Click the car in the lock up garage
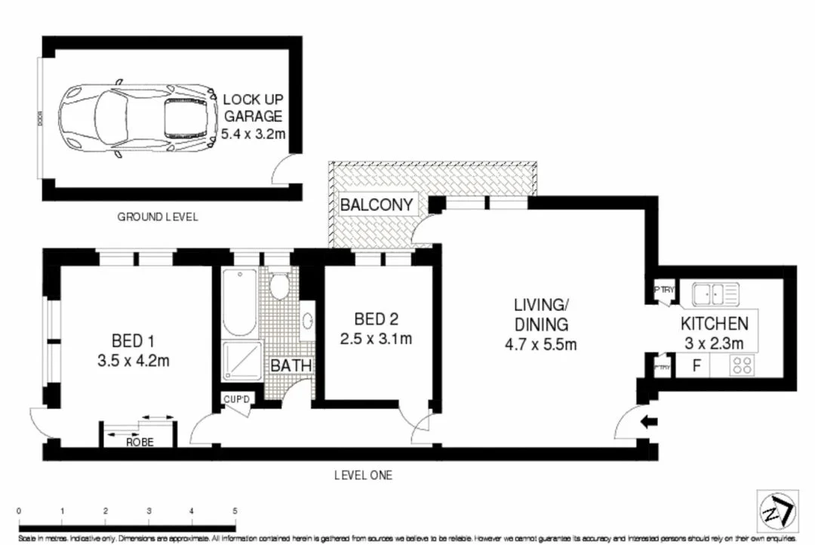(136, 118)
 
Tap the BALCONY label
(377, 205)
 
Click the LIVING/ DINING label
(540, 316)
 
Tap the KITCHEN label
(714, 324)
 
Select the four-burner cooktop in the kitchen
(741, 366)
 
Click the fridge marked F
(698, 366)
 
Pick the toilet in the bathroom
(280, 287)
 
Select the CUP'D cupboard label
(236, 399)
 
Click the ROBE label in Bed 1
(140, 442)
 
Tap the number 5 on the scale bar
(235, 511)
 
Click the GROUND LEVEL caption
(158, 217)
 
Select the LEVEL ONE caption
(363, 476)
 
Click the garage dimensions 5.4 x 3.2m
(252, 134)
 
